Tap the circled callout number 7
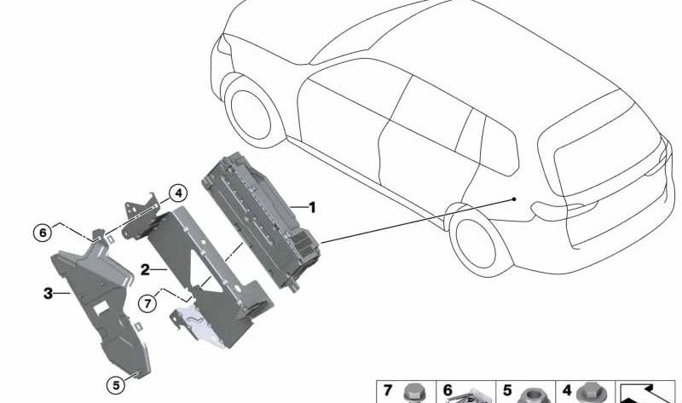148,302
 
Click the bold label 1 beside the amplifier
312,207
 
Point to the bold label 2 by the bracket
145,269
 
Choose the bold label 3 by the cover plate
48,294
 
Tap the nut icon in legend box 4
588,394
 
